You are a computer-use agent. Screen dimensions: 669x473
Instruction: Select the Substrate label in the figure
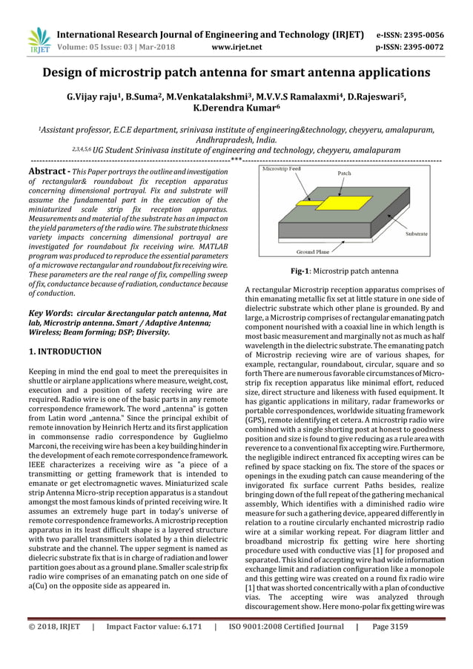(x=420, y=234)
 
